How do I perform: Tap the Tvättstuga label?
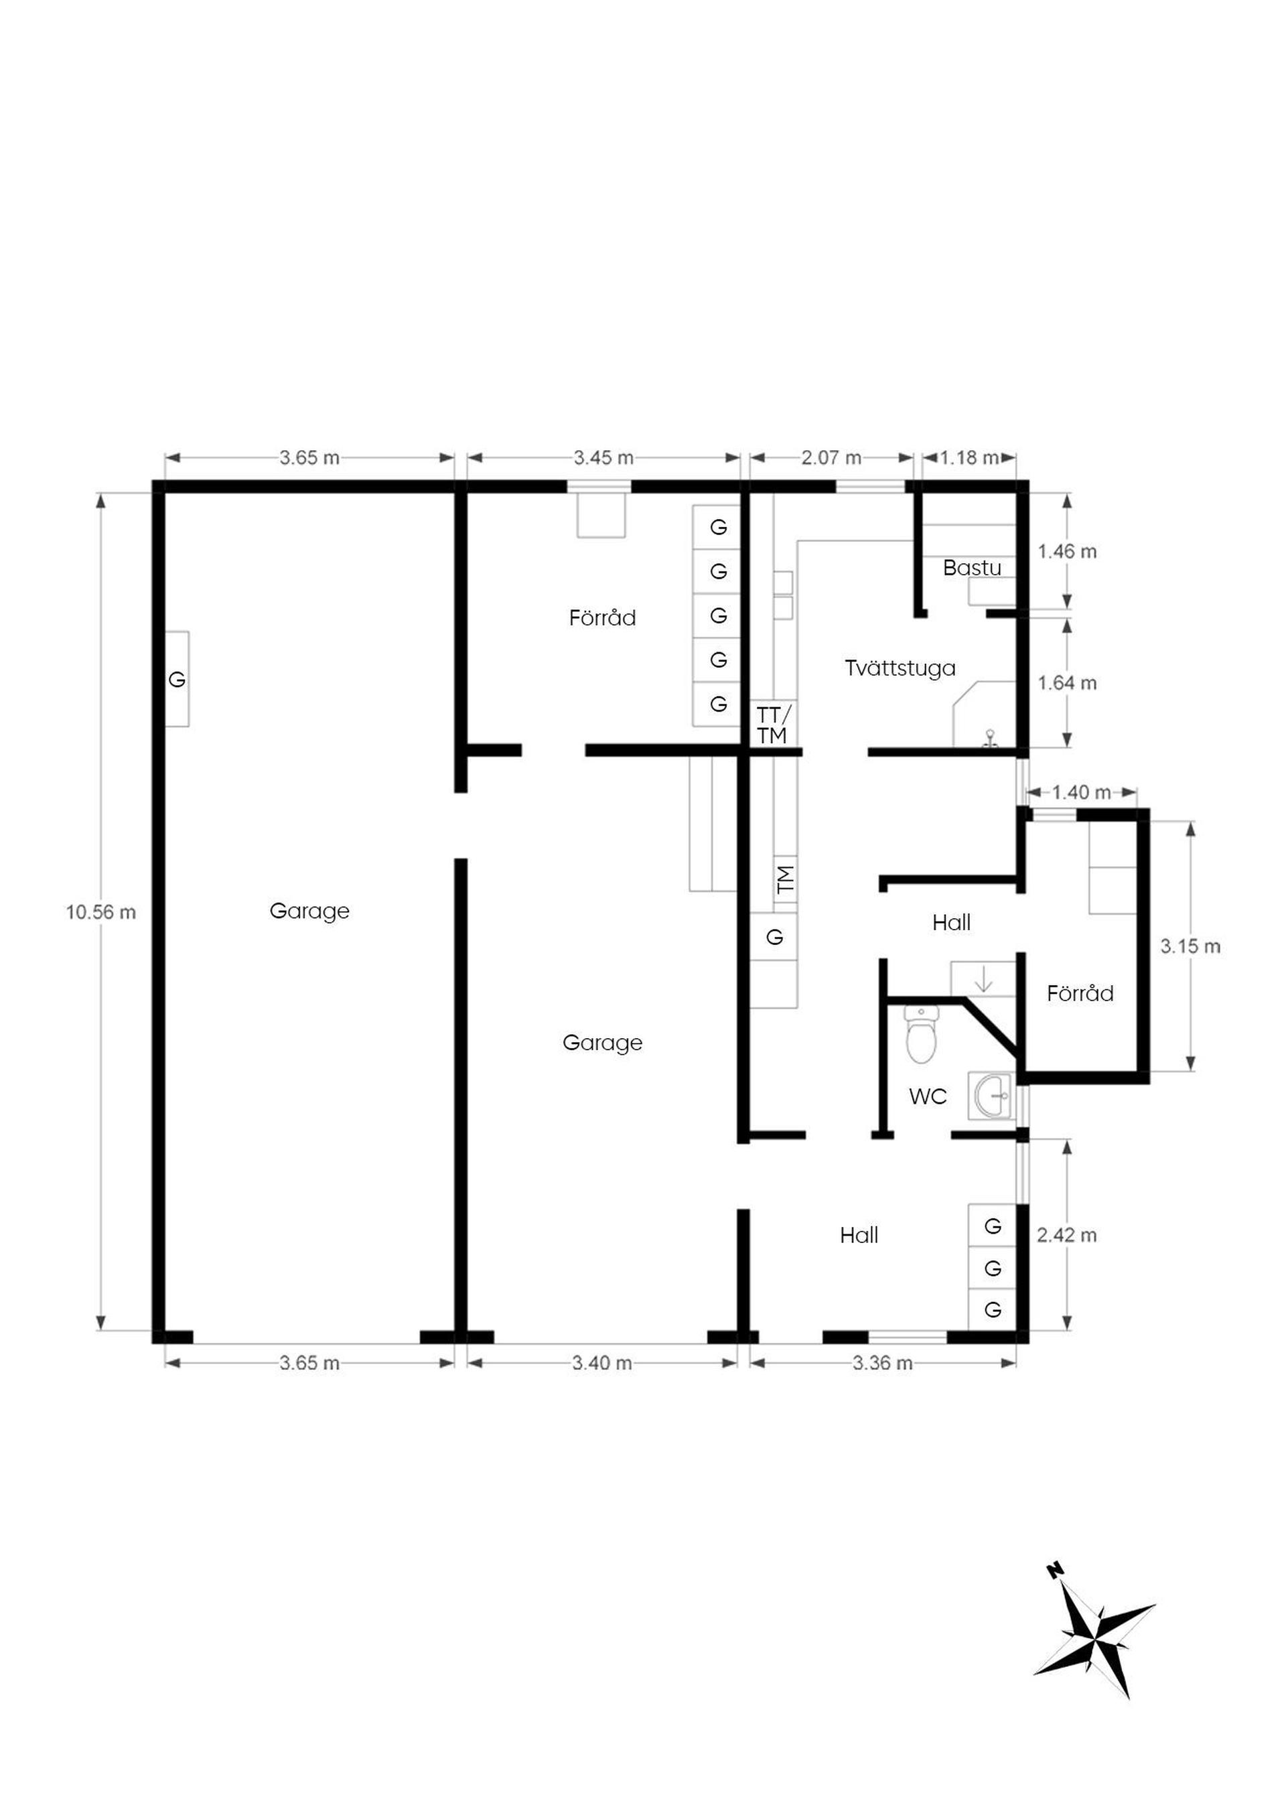(x=900, y=668)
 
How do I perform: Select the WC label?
(x=928, y=1096)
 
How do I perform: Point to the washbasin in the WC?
(x=991, y=1096)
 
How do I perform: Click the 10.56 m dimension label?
(x=100, y=913)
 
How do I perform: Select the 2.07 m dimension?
(x=831, y=458)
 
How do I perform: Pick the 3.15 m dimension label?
(x=1190, y=947)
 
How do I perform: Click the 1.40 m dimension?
(x=1082, y=792)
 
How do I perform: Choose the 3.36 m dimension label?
(x=883, y=1363)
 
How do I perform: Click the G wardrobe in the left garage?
(x=177, y=679)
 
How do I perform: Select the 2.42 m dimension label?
(x=1066, y=1235)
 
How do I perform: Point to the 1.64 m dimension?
(x=1067, y=683)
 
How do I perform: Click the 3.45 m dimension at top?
(x=603, y=458)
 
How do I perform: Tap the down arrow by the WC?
(x=983, y=979)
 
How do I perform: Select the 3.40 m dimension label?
(x=602, y=1363)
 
